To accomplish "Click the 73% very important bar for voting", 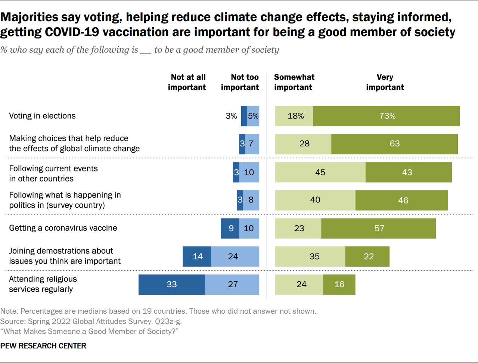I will click(x=387, y=116).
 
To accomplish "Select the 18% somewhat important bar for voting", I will click(x=294, y=116).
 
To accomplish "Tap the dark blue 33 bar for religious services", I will click(x=171, y=285).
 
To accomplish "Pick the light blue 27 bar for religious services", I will click(x=232, y=285).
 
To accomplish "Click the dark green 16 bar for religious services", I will click(x=339, y=285).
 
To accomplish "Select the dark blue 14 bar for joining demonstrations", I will click(x=197, y=257).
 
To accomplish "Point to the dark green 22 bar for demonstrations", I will click(x=367, y=257).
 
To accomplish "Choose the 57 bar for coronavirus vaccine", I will click(x=378, y=228).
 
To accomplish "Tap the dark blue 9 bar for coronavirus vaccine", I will click(x=230, y=228).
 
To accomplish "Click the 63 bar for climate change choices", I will click(x=394, y=144).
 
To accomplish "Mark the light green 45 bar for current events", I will click(x=320, y=173).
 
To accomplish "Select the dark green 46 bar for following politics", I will click(x=402, y=200).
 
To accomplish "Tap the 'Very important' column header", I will click(x=385, y=82).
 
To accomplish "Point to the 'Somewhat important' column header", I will click(x=294, y=82).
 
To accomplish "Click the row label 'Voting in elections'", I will click(x=42, y=116).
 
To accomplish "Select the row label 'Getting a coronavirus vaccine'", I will click(x=63, y=228).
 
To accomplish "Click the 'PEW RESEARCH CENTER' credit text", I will click(x=43, y=346).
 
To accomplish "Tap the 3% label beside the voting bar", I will click(x=231, y=116).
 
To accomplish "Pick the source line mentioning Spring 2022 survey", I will click(x=91, y=321).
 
